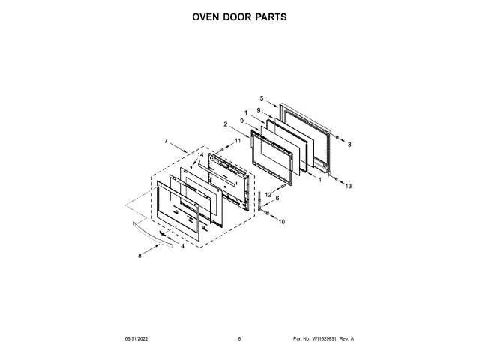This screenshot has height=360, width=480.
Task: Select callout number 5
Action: pos(262,98)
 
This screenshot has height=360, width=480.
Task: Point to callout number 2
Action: pos(225,124)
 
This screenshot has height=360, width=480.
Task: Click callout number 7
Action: pos(165,140)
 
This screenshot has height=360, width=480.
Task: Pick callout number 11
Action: pos(238,140)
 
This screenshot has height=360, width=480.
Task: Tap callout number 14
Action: pos(200,155)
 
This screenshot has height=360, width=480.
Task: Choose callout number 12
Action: pos(268,195)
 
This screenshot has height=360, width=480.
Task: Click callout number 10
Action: pos(282,222)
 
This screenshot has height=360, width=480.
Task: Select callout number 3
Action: pos(349,143)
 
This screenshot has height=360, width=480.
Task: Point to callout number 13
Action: pos(348,187)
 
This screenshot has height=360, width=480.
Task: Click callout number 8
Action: pos(139,256)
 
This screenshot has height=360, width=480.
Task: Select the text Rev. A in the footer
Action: pos(347,339)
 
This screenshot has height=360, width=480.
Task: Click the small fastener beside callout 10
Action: pos(268,214)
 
